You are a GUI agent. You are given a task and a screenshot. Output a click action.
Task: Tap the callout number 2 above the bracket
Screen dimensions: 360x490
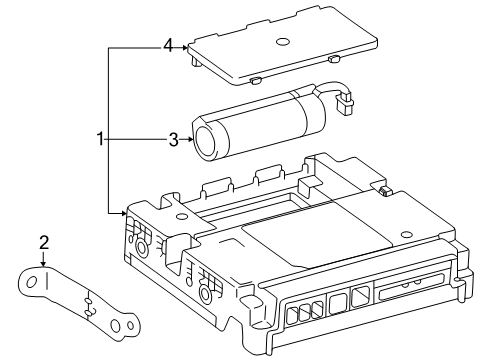point(44,241)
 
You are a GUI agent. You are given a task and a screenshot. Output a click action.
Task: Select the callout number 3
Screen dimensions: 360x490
point(173,141)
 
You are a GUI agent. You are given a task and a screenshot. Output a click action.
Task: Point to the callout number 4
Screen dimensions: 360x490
point(169,45)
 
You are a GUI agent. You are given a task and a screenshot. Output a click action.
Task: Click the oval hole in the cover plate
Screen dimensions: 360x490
point(283,42)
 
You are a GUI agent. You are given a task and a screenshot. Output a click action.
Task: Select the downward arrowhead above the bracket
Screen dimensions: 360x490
point(44,261)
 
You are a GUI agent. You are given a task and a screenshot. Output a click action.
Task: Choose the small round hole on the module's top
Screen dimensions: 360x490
point(179,216)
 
